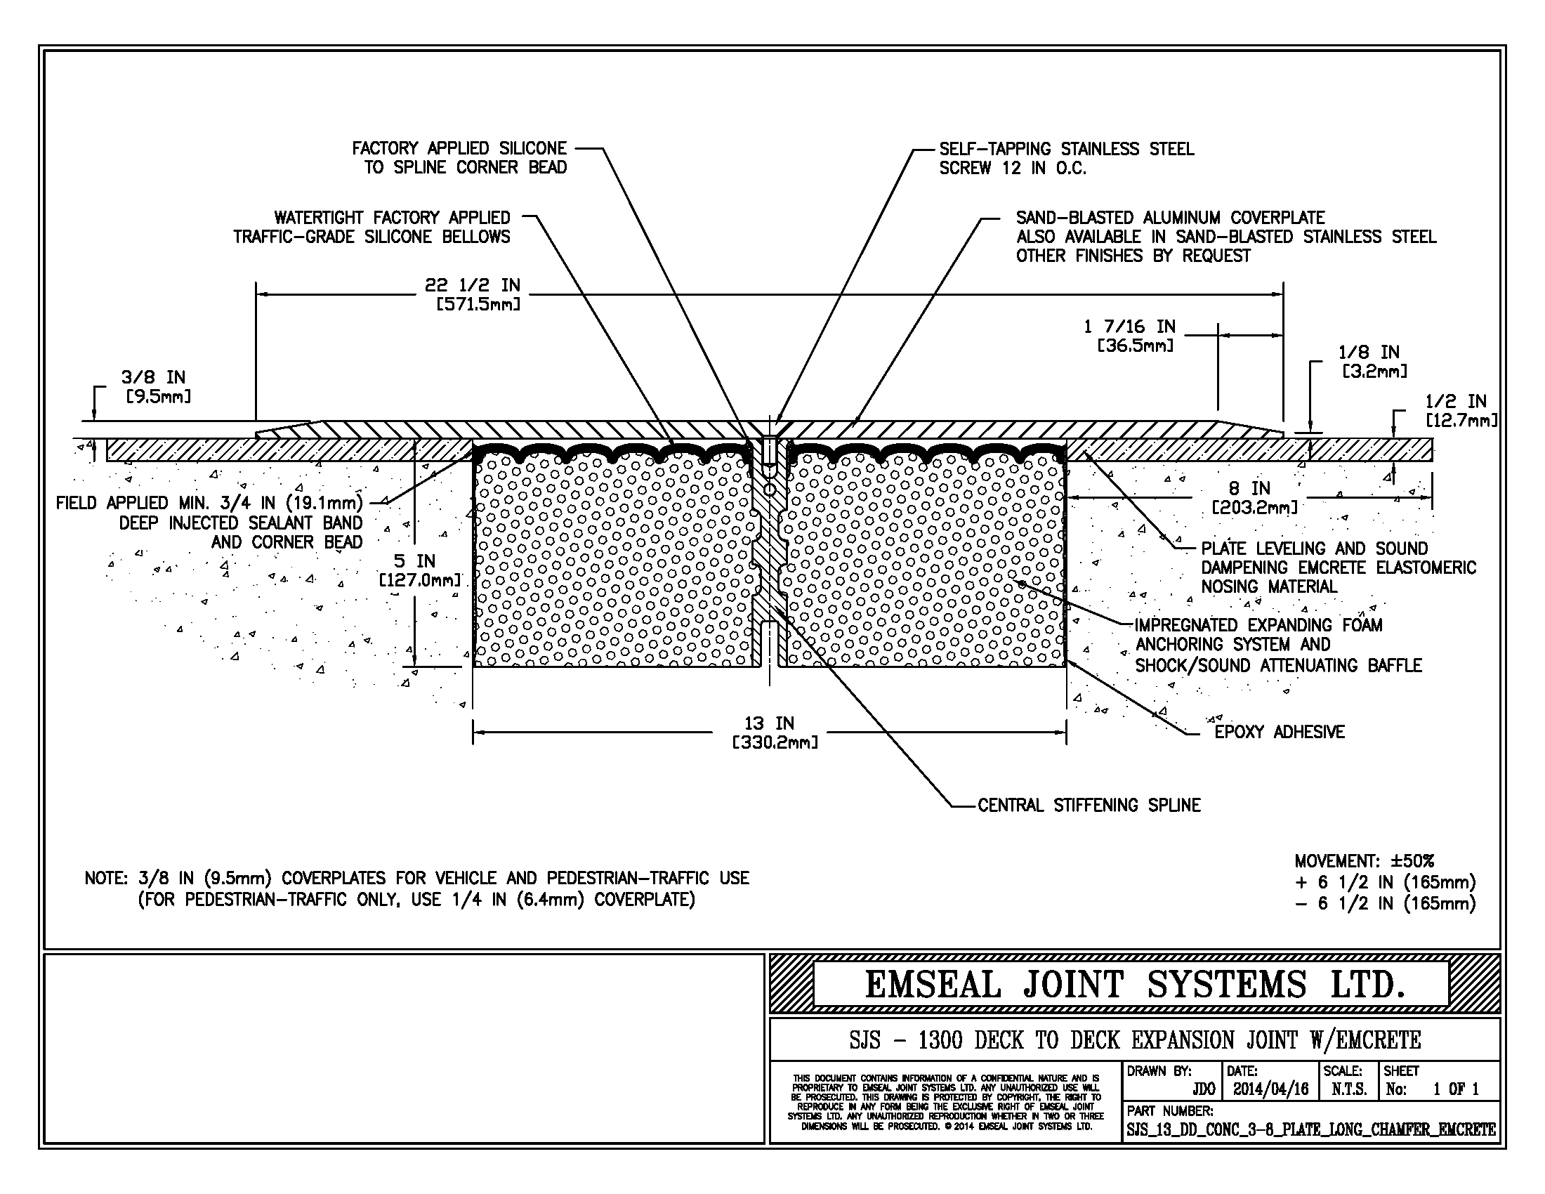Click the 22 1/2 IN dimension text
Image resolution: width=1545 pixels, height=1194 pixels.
tap(473, 294)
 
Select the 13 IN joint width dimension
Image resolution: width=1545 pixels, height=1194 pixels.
tap(770, 733)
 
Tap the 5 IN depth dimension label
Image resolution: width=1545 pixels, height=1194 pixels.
tap(416, 570)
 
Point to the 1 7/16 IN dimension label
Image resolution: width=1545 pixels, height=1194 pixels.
tap(1130, 336)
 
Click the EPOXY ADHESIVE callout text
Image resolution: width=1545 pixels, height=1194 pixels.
tap(1279, 732)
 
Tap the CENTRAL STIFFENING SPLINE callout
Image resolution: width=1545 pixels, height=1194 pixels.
tap(1089, 805)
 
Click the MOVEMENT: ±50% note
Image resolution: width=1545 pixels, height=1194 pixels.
tap(1365, 861)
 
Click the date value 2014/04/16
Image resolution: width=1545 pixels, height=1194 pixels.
tap(1271, 1089)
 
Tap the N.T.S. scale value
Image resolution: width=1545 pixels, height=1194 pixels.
tap(1348, 1089)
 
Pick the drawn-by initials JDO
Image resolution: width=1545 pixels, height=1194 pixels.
tap(1203, 1089)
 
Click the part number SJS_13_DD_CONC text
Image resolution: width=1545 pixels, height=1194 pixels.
tap(1310, 1129)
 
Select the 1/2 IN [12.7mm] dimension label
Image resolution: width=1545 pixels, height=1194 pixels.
tap(1461, 410)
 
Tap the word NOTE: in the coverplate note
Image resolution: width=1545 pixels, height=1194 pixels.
tap(106, 878)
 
